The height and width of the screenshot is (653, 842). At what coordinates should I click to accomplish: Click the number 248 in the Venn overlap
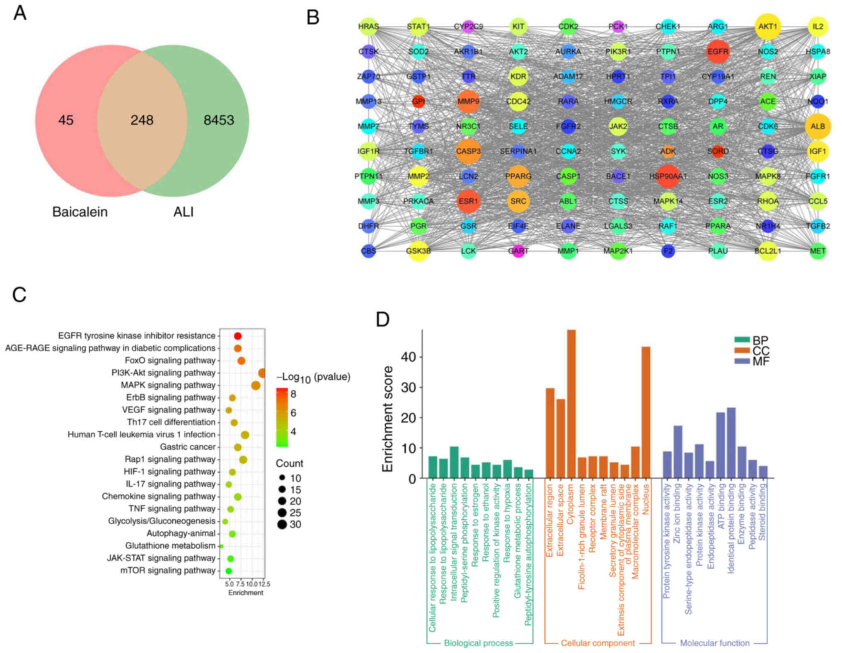pos(142,120)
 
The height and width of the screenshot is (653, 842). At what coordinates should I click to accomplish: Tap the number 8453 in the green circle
pos(219,120)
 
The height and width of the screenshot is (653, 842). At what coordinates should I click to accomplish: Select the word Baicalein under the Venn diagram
pos(80,212)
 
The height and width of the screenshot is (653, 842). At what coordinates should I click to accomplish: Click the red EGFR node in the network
pos(718,52)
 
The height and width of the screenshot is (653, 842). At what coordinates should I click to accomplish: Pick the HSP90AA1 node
pos(668,176)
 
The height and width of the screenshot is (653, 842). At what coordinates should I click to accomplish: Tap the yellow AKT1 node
pos(767,27)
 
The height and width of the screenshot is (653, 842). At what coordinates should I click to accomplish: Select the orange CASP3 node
pos(468,151)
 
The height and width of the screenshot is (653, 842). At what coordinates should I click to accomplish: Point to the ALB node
pos(818,126)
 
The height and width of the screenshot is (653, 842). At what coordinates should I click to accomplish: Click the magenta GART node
pos(518,251)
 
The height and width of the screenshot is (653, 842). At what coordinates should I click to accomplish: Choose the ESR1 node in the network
pos(468,201)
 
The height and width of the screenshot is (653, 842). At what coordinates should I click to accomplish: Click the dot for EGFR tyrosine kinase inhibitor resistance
pos(237,336)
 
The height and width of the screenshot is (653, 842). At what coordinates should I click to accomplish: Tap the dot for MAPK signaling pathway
pos(256,386)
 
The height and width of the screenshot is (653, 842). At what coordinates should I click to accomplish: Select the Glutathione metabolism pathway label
pos(170,546)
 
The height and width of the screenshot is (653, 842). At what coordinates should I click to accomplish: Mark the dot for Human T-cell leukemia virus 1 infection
pos(245,435)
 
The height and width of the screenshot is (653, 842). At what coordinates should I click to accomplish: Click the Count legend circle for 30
pos(282,525)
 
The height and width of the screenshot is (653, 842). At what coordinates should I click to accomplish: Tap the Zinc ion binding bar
pos(678,452)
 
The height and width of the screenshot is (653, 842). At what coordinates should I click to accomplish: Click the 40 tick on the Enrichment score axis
pos(408,357)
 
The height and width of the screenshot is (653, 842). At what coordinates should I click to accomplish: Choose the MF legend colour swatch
pos(742,361)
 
